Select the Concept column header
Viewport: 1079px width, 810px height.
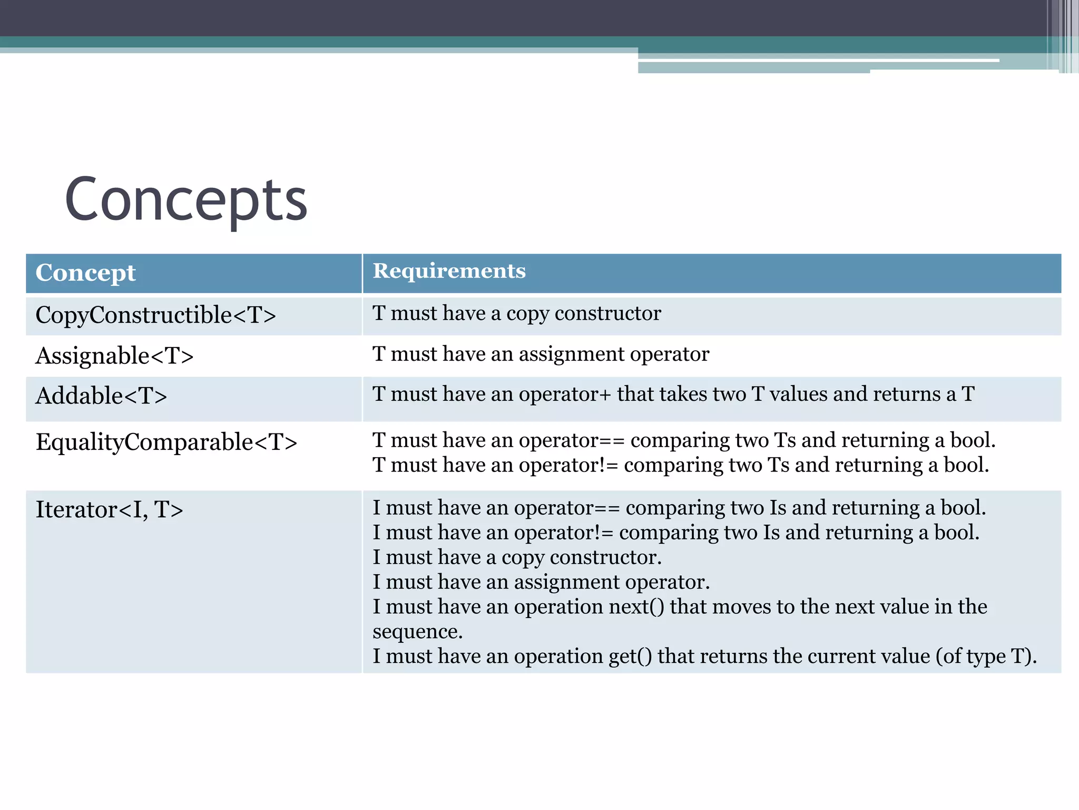click(85, 273)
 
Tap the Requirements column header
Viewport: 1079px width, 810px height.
click(449, 271)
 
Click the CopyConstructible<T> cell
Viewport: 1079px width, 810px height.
click(155, 315)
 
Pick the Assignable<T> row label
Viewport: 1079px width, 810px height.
click(114, 356)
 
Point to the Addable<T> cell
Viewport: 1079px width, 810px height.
click(101, 396)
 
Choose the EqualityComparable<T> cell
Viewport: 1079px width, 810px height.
click(166, 442)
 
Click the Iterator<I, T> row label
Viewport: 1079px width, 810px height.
click(109, 510)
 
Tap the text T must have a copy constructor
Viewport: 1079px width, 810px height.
click(516, 314)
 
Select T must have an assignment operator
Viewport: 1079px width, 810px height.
click(541, 354)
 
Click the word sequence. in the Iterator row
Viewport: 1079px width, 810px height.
click(417, 632)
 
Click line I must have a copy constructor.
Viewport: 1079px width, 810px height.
click(517, 557)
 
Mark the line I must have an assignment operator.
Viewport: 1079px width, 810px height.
click(541, 582)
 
